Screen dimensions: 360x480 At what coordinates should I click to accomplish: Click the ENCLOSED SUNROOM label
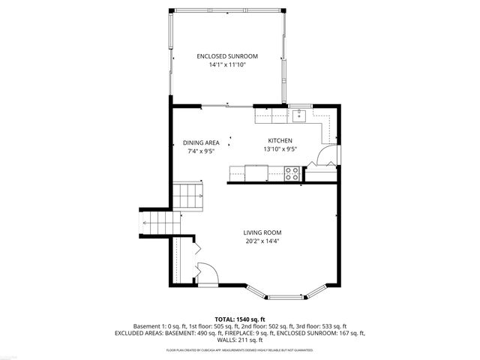227,56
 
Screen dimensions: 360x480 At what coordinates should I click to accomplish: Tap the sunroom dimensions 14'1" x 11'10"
227,65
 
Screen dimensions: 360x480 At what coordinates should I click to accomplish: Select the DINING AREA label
201,142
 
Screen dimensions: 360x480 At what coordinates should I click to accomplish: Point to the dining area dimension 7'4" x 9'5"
201,151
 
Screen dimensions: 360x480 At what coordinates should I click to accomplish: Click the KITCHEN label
280,140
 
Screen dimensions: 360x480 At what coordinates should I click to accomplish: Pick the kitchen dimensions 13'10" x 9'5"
280,148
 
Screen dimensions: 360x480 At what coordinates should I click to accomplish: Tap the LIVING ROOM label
262,232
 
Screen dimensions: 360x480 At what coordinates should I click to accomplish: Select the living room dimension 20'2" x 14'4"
262,241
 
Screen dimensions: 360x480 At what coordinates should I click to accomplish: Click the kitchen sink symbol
298,115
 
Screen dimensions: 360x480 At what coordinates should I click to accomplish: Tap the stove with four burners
292,173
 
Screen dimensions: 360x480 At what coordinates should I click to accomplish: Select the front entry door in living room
206,273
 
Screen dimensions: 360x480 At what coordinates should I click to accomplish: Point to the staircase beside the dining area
189,198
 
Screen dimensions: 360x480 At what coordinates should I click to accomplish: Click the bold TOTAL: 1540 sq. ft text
240,319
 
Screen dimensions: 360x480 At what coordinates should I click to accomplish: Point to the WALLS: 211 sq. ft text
240,340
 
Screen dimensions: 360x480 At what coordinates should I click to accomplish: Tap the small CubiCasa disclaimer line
240,349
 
